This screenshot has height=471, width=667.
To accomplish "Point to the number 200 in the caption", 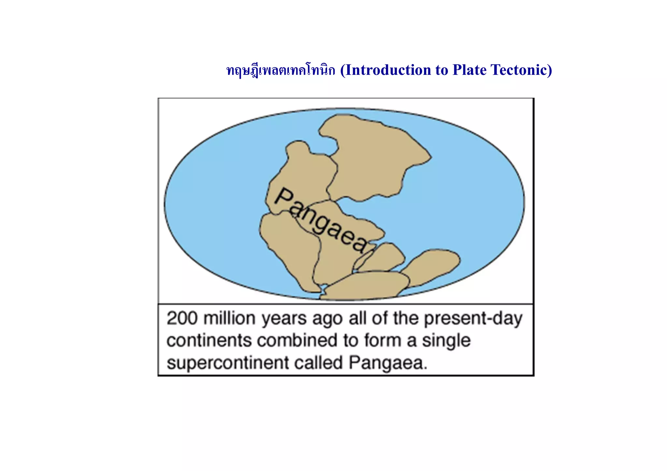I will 182,318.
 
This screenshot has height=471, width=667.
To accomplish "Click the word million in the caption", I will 229,318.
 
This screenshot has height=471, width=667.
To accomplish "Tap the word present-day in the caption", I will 473,318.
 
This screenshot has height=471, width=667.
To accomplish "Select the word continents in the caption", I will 209,340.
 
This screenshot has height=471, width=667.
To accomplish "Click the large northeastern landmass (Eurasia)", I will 375,156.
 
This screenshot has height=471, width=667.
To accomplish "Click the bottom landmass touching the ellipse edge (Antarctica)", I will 365,286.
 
